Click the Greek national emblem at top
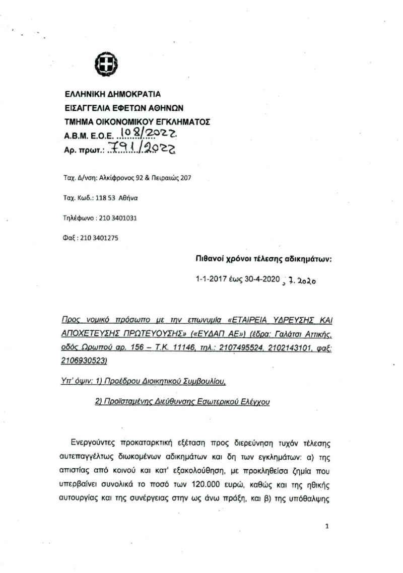click(x=106, y=65)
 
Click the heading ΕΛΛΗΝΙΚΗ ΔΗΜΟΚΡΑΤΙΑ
click(x=112, y=94)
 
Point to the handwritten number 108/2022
click(x=146, y=134)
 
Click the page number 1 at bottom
click(x=327, y=527)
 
